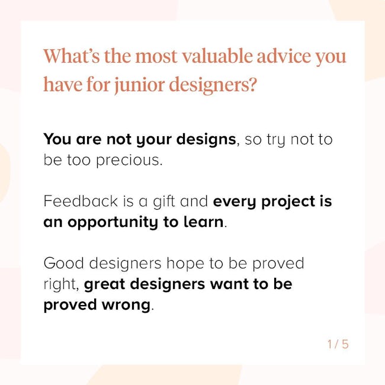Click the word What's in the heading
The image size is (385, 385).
click(72, 56)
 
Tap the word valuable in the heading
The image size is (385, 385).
click(217, 56)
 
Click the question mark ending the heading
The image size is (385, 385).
click(251, 84)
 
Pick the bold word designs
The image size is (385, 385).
click(206, 140)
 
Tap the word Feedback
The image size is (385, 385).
click(81, 201)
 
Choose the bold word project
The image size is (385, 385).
click(288, 202)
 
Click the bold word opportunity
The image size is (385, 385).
click(113, 223)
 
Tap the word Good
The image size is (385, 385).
click(63, 263)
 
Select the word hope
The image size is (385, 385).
click(185, 264)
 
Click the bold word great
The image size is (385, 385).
click(105, 284)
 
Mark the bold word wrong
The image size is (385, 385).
click(126, 305)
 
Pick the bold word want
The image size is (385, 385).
click(229, 284)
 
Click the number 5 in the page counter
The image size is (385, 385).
click(345, 344)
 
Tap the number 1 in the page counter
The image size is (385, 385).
click(330, 344)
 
